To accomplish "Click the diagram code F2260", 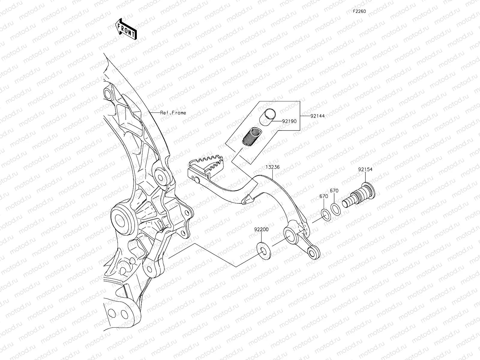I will (359, 11).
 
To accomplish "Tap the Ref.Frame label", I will (173, 113).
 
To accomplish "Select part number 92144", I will (317, 115).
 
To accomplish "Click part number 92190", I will (289, 121).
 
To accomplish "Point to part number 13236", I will (272, 167).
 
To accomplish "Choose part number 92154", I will (365, 169).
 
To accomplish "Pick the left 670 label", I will (323, 196).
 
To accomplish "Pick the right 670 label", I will (334, 190).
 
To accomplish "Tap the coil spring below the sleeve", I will (251, 136).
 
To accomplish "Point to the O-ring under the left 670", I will (325, 213).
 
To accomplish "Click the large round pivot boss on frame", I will (122, 217).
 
